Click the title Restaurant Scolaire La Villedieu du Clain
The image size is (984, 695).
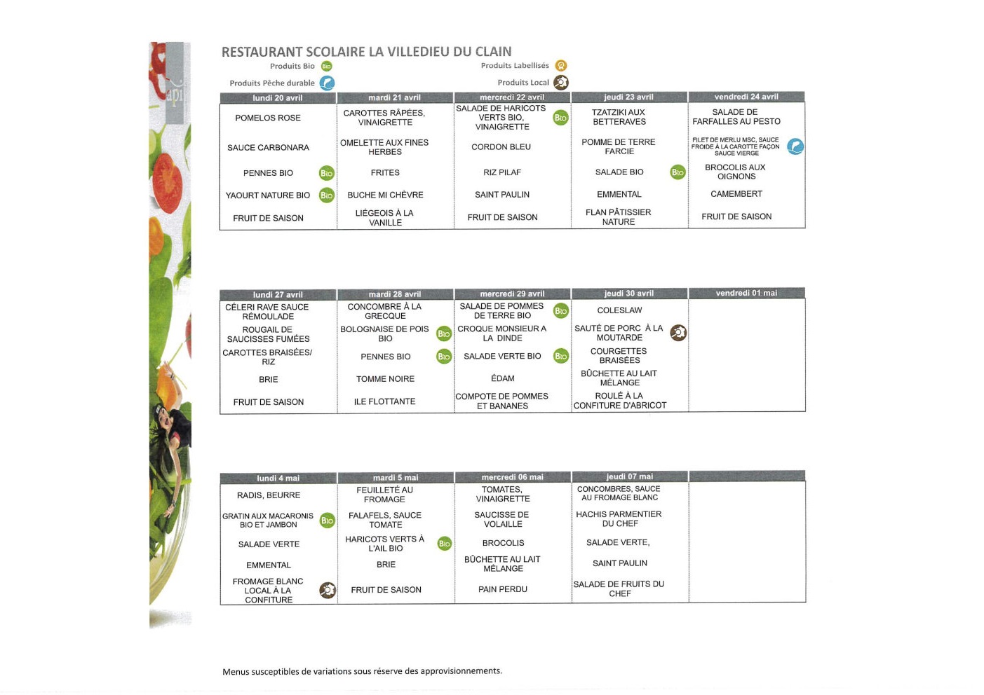[x=366, y=51]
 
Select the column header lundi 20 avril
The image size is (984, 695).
[x=278, y=98]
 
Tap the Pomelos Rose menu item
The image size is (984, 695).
[x=268, y=118]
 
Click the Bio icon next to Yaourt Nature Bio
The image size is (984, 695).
[x=326, y=195]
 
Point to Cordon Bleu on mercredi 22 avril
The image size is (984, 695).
[x=501, y=147]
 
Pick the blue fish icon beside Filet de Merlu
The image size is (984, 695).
[x=795, y=146]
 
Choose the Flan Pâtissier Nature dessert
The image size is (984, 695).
[x=618, y=217]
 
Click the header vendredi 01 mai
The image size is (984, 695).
[x=746, y=294]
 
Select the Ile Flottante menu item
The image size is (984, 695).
[x=384, y=401]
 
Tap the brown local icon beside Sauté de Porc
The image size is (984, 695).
[x=678, y=333]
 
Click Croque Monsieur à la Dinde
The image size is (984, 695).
[x=501, y=333]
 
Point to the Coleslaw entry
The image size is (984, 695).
[x=619, y=310]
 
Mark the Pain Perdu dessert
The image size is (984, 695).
[x=502, y=589]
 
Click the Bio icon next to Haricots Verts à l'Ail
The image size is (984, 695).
[x=444, y=544]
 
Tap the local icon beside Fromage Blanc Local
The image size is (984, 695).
[x=328, y=591]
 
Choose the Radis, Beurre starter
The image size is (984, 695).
[x=268, y=495]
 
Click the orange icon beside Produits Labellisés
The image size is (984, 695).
[x=561, y=66]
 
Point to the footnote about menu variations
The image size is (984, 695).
[x=362, y=671]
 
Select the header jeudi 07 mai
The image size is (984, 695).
[x=629, y=477]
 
